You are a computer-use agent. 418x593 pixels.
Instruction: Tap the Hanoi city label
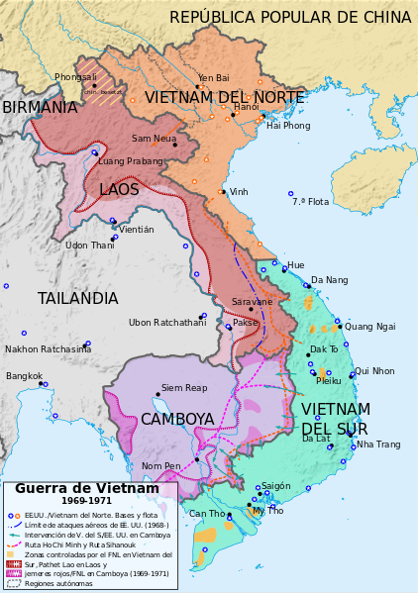pos(247,107)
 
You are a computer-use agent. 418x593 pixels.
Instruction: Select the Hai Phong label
pos(288,126)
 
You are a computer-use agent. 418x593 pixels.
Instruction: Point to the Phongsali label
pos(76,77)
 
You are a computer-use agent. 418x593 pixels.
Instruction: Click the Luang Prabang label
pos(131,161)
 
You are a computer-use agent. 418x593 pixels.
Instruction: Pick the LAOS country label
pos(119,189)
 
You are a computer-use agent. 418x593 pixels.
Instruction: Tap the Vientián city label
pos(137,230)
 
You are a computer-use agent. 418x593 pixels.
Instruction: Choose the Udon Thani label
pos(90,246)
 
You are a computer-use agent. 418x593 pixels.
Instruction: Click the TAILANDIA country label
pos(78,298)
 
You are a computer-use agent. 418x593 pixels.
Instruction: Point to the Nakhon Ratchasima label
pos(49,348)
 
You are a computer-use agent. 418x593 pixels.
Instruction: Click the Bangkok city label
pos(24,376)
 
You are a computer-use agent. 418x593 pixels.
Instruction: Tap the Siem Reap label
pos(184,387)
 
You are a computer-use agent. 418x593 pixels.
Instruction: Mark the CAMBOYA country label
pos(177,419)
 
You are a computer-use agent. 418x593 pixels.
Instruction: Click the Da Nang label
pos(330,280)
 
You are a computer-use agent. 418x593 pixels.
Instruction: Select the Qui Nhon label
pos(374,371)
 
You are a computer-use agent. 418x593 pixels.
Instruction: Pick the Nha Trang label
pos(378,445)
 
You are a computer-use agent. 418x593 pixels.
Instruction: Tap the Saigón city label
pos(276,486)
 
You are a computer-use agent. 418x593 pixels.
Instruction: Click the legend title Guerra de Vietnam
pos(87,488)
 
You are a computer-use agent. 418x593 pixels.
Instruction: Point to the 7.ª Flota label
pos(310,202)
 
